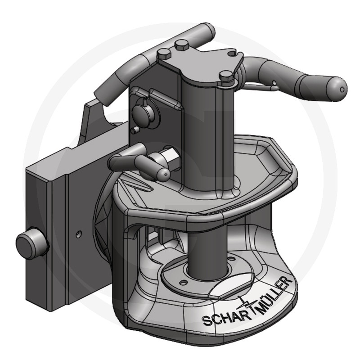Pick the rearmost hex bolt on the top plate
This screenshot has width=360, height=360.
pyautogui.click(x=182, y=45)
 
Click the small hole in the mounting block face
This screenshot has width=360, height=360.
pyautogui.click(x=79, y=234)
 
